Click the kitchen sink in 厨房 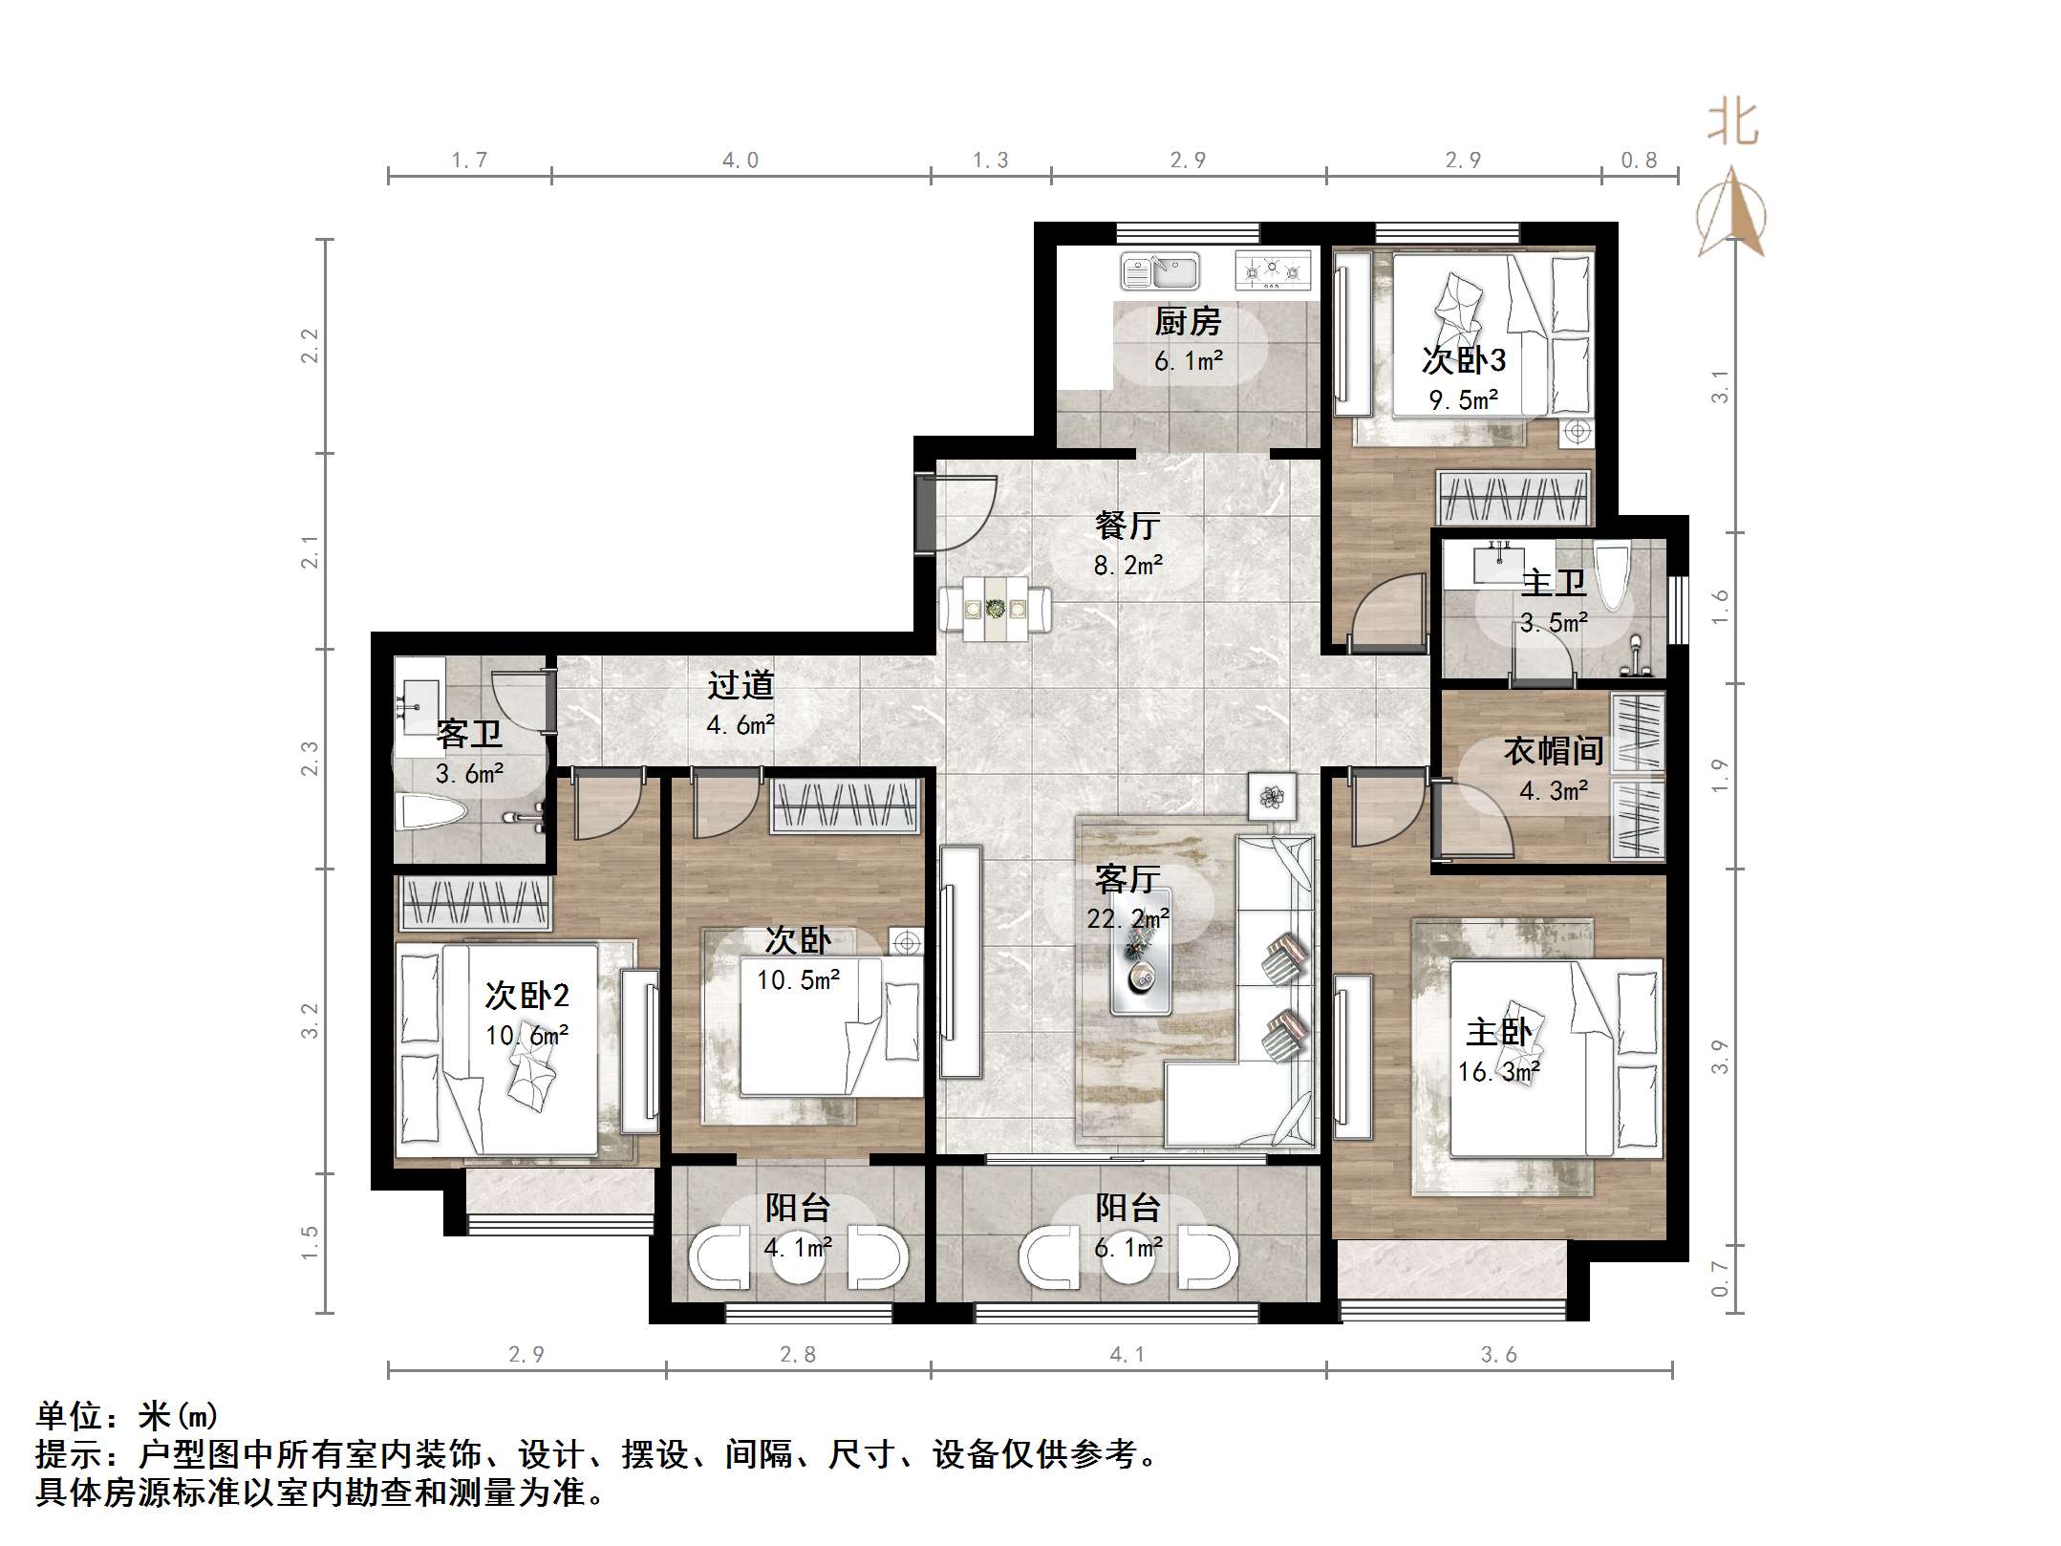pyautogui.click(x=1160, y=271)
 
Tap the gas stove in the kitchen pyautogui.click(x=1272, y=271)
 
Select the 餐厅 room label pyautogui.click(x=1127, y=525)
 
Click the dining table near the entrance pyautogui.click(x=995, y=609)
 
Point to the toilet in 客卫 pyautogui.click(x=430, y=813)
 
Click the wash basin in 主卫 pyautogui.click(x=1496, y=563)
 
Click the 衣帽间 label pyautogui.click(x=1553, y=751)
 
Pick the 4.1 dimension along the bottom pyautogui.click(x=1127, y=1355)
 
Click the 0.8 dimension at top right pyautogui.click(x=1639, y=161)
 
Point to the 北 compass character pyautogui.click(x=1733, y=123)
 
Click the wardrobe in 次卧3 pyautogui.click(x=1514, y=498)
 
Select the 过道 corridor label pyautogui.click(x=741, y=685)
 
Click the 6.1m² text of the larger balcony pyautogui.click(x=1127, y=1247)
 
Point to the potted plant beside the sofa pyautogui.click(x=1272, y=795)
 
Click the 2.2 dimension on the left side pyautogui.click(x=310, y=346)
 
